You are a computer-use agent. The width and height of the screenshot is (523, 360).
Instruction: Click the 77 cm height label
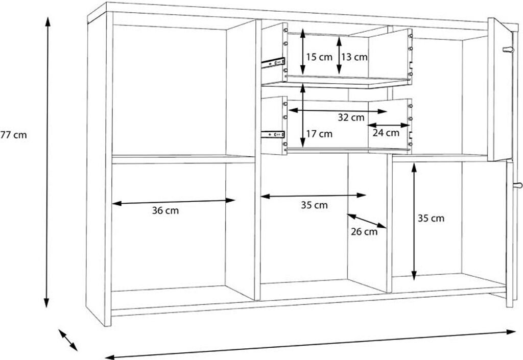coord(13,135)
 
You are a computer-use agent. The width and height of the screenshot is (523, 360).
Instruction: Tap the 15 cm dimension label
coord(319,57)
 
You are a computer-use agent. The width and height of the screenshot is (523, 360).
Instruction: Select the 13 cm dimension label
coord(354,57)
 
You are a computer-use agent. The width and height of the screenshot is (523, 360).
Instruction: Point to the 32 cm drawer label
coord(351,117)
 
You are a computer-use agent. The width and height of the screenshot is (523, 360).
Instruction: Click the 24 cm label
coord(386,133)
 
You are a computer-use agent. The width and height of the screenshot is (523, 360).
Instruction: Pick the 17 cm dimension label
coord(319,134)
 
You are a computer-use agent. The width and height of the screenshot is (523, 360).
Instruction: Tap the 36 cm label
coord(165,210)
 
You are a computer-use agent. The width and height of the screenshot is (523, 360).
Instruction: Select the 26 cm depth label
coord(364,231)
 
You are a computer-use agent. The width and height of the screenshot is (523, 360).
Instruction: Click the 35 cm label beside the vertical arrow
coord(431,219)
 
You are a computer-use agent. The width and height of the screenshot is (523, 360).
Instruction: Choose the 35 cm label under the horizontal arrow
coord(314,205)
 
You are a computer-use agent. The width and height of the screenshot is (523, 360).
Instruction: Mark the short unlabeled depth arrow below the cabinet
coord(68,340)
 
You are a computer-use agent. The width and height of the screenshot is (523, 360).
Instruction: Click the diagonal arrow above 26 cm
coord(367,221)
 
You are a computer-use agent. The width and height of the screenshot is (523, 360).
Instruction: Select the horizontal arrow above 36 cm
coord(174,202)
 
